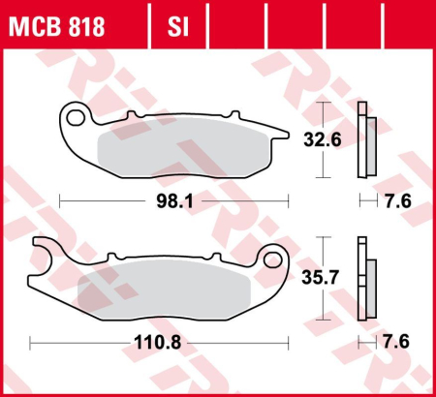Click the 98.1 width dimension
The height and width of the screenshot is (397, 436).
[x=173, y=202]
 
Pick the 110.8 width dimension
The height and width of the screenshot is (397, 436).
[x=160, y=342]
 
